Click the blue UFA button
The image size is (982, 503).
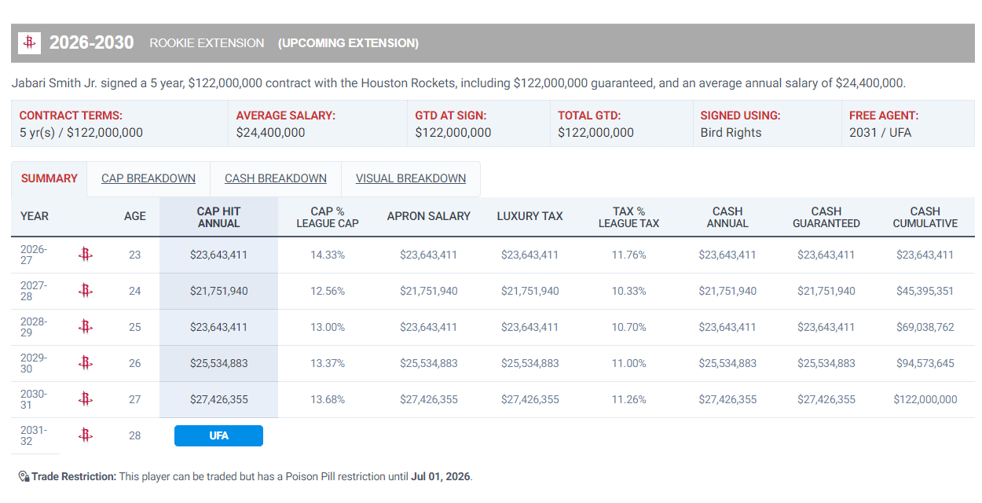click(x=218, y=435)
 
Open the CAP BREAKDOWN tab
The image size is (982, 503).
click(x=148, y=178)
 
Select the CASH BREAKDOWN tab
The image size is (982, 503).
click(x=275, y=178)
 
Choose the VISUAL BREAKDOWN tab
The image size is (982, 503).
click(x=410, y=178)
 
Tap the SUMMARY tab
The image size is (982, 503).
click(x=49, y=178)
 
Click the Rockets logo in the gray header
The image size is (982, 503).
click(x=29, y=43)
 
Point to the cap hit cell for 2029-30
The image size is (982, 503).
click(x=218, y=363)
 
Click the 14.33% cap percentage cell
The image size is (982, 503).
click(x=328, y=255)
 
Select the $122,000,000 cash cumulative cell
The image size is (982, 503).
click(x=925, y=399)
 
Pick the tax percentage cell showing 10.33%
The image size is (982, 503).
click(x=628, y=291)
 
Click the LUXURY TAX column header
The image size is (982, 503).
click(x=529, y=216)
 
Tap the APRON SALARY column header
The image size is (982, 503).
click(x=428, y=216)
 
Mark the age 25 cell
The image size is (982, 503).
click(x=134, y=327)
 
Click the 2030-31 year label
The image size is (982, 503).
click(x=33, y=399)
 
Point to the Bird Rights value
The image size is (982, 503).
click(x=731, y=133)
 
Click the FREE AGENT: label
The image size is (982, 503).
click(x=883, y=116)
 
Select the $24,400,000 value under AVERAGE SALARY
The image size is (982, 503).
click(x=270, y=133)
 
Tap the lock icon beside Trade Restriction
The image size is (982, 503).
click(x=24, y=476)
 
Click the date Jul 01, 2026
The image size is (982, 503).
click(x=440, y=477)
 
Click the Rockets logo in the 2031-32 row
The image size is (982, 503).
click(x=86, y=435)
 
